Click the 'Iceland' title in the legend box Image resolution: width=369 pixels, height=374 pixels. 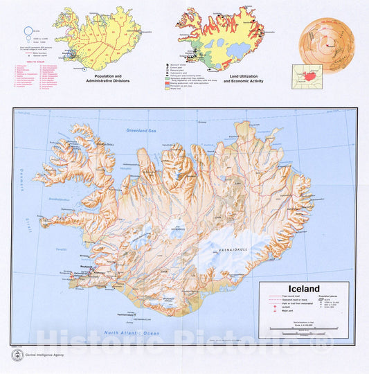(299, 289)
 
